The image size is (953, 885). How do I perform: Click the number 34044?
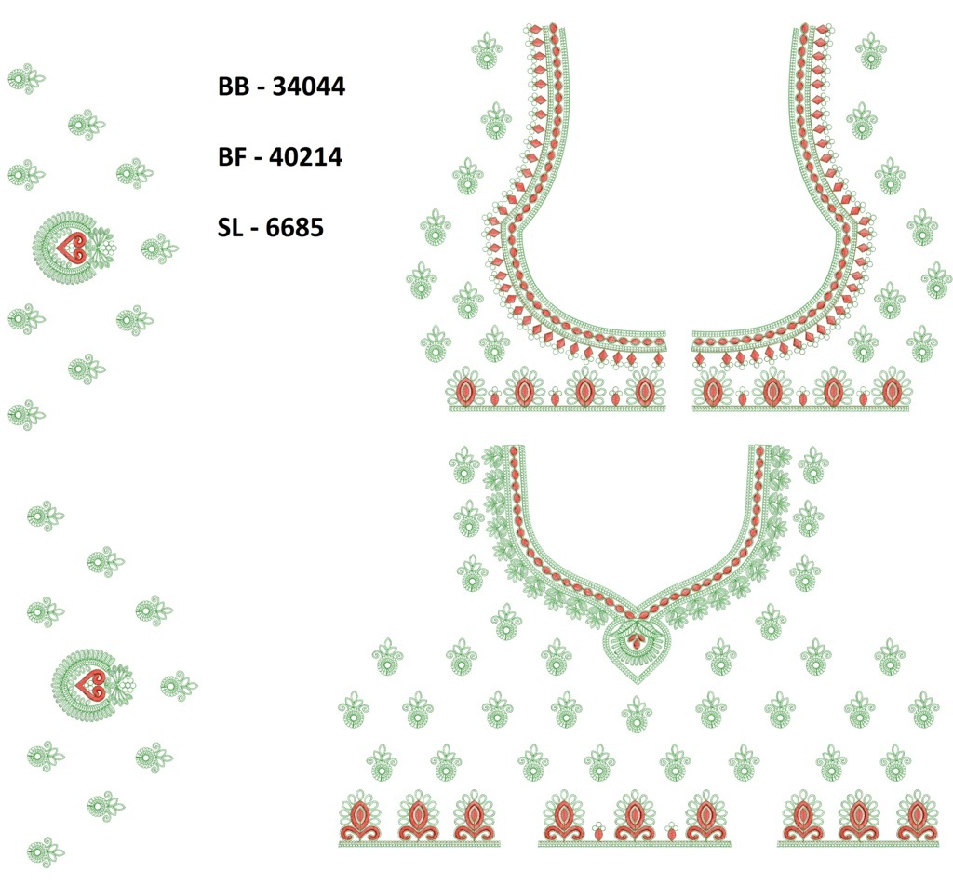[x=308, y=87]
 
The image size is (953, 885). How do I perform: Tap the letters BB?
[x=234, y=87]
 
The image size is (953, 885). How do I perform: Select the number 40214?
[x=305, y=157]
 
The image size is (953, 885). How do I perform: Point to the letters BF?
[x=233, y=157]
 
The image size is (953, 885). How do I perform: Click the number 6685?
[x=295, y=228]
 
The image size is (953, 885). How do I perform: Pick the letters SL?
[x=231, y=228]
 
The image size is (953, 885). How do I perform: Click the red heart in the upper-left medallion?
[x=72, y=248]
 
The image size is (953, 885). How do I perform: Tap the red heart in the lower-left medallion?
[x=90, y=685]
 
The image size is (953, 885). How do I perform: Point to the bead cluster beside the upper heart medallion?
[x=109, y=248]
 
